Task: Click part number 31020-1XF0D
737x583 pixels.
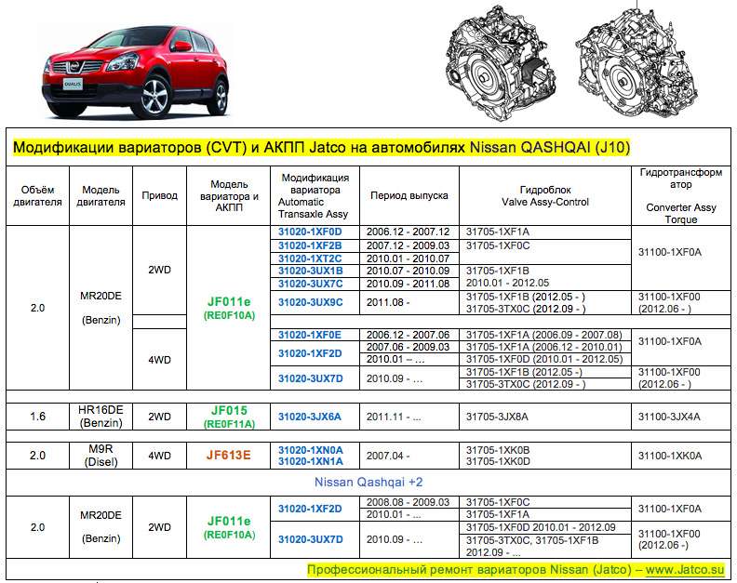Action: coord(311,232)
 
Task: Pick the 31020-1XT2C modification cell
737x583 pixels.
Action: coord(311,258)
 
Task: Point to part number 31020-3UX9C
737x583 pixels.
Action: coord(311,302)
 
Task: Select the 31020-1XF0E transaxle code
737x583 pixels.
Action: coord(311,334)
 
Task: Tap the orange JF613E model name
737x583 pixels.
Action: coord(228,456)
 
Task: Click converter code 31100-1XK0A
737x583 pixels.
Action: coord(671,456)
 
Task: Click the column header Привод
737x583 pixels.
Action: coord(159,196)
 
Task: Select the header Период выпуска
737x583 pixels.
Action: coord(409,196)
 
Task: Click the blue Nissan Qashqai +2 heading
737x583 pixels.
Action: coord(368,484)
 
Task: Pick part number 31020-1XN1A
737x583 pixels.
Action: coord(311,461)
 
